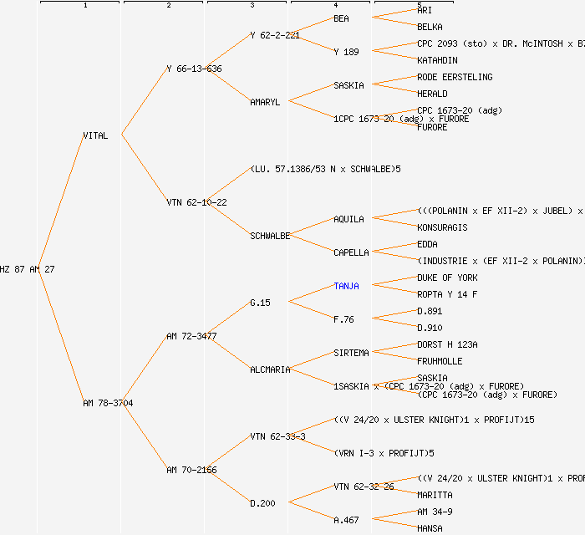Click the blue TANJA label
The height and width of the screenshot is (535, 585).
(x=346, y=286)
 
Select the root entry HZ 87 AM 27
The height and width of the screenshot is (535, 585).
(x=27, y=269)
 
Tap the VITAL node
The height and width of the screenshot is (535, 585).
(x=95, y=135)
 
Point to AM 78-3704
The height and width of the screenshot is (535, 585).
(x=108, y=403)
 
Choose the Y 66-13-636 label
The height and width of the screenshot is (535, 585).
(x=194, y=69)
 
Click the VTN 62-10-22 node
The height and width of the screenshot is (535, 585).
(x=196, y=202)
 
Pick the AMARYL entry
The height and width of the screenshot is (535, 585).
(x=265, y=102)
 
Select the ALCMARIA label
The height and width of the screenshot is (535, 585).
(x=270, y=369)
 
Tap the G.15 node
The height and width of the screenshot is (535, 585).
(x=260, y=303)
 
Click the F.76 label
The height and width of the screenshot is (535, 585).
(x=343, y=319)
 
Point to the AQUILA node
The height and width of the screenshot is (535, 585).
(x=348, y=219)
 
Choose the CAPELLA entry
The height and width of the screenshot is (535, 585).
(x=351, y=252)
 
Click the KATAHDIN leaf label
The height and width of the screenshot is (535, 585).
(x=437, y=60)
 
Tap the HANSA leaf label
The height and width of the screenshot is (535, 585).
(x=430, y=528)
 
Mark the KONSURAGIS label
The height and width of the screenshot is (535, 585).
(x=442, y=227)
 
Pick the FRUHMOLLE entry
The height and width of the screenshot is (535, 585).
(x=440, y=361)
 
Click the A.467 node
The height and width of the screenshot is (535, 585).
(x=346, y=520)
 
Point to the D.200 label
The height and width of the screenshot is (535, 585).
(x=262, y=503)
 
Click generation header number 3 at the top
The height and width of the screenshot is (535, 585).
(x=252, y=6)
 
